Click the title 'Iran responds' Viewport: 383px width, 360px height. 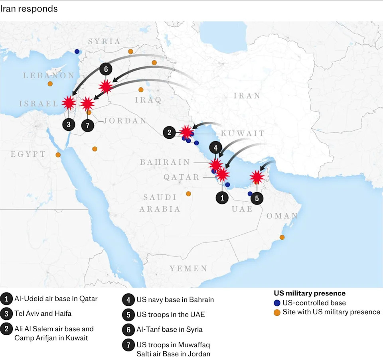click(x=29, y=9)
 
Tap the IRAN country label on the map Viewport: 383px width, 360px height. click(x=247, y=96)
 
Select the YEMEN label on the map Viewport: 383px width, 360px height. click(x=188, y=268)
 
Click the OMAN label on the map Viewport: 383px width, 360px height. click(x=282, y=216)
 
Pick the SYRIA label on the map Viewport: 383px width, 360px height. click(x=104, y=41)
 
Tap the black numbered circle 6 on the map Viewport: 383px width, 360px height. click(x=106, y=69)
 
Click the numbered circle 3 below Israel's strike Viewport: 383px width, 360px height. click(x=69, y=124)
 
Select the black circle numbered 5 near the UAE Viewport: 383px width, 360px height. click(x=257, y=198)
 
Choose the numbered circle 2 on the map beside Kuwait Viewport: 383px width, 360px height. click(x=169, y=132)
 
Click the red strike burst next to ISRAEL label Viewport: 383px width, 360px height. click(x=69, y=103)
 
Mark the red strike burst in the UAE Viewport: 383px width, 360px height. click(x=257, y=176)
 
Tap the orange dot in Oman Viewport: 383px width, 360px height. click(x=282, y=238)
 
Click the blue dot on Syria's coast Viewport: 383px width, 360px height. click(x=77, y=51)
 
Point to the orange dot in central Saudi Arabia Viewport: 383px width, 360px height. click(x=188, y=194)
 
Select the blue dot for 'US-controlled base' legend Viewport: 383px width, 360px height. click(x=277, y=303)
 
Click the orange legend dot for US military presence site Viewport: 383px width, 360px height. click(x=277, y=312)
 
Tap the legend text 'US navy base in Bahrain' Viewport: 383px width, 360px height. click(x=175, y=299)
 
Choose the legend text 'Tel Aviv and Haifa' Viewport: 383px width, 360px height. click(x=43, y=313)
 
